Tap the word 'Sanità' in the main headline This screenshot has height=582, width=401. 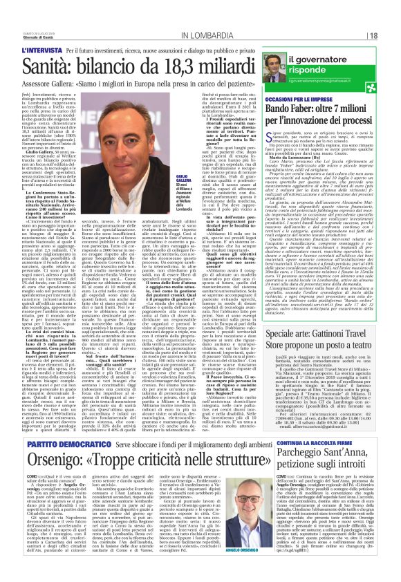(48, 65)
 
